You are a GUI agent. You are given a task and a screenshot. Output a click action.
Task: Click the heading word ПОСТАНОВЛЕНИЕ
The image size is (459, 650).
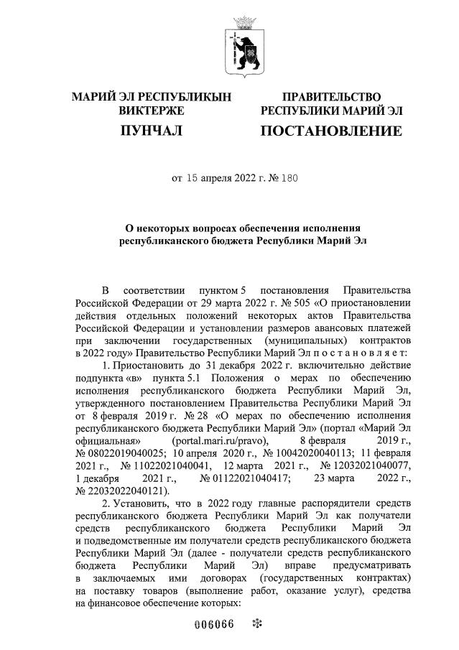330,131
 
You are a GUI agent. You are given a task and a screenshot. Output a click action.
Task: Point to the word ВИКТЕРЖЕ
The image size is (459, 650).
151,111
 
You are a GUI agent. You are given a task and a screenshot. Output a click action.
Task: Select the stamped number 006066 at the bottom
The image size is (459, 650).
215,623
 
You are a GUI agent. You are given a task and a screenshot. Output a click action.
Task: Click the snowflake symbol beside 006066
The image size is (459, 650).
254,623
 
